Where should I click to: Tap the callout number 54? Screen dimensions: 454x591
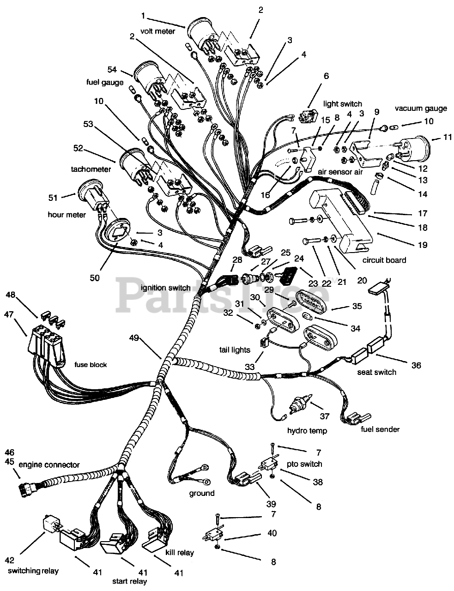point(112,69)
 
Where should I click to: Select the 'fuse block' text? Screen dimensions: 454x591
point(91,365)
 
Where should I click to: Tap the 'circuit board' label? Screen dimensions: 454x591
point(384,260)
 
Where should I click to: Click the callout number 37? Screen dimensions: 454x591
point(325,416)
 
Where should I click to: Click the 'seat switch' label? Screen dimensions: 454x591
point(376,372)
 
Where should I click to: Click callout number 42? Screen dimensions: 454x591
point(10,561)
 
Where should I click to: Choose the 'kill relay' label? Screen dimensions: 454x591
point(180,552)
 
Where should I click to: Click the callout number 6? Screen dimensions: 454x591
point(326,76)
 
